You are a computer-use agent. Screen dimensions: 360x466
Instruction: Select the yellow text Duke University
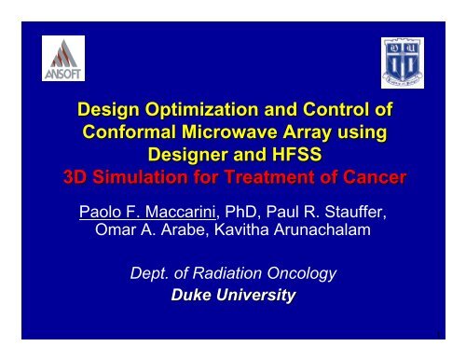coord(232,296)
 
